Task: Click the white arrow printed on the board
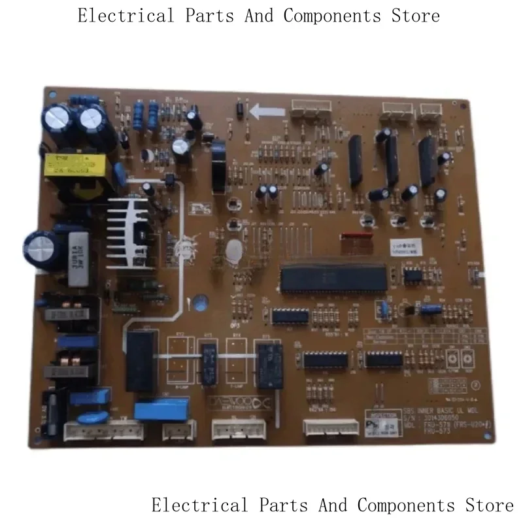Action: [x=264, y=111]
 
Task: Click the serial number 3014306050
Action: [x=416, y=418]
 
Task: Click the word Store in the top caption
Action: [x=414, y=15]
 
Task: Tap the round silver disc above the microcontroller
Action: [x=233, y=249]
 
